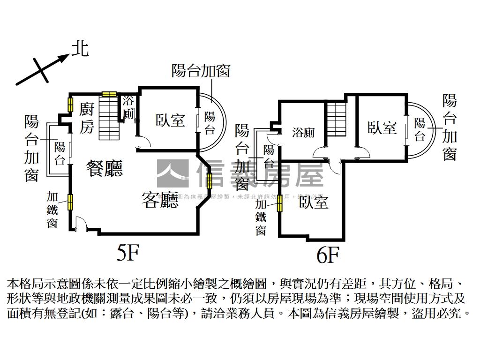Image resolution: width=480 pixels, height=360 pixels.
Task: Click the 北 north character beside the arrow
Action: click(80, 48)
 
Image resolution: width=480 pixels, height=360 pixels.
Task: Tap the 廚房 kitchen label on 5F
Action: click(87, 118)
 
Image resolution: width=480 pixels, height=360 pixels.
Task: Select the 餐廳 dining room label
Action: click(104, 168)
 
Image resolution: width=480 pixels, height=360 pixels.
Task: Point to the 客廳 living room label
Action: click(160, 200)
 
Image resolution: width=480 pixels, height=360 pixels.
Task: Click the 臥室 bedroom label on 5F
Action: click(170, 120)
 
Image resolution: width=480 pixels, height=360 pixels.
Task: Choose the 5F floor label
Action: click(128, 253)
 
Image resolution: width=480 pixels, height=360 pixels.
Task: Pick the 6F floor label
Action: click(327, 255)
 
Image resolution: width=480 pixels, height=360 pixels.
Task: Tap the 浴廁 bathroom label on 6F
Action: click(303, 133)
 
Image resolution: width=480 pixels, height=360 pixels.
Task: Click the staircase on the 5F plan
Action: click(110, 117)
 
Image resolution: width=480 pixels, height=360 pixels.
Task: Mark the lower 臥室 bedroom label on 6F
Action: click(314, 202)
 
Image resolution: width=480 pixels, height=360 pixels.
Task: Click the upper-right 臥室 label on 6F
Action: click(382, 127)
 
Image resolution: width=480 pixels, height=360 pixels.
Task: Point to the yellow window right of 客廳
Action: click(209, 179)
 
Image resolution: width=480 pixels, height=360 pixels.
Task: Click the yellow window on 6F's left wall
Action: click(279, 203)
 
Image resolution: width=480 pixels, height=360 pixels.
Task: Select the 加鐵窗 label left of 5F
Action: click(52, 210)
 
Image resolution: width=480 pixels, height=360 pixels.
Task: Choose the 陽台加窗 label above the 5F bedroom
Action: click(201, 71)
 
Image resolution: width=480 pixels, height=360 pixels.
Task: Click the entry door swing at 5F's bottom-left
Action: click(79, 224)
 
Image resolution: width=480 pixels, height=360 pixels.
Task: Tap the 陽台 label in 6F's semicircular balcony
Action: click(420, 129)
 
